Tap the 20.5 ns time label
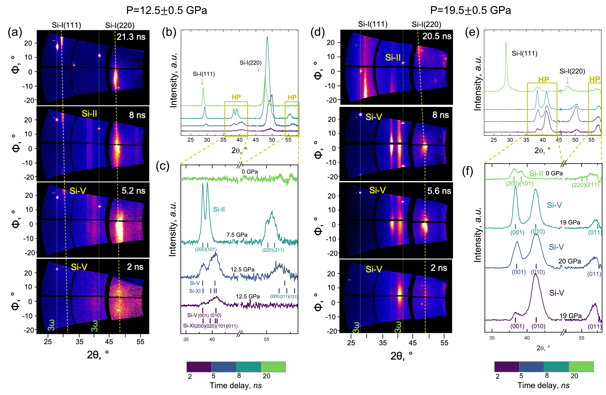[x=437, y=36]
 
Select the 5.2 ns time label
[x=133, y=191]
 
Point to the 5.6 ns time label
[x=439, y=191]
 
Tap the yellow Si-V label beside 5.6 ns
[x=377, y=190]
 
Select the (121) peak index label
[x=293, y=297]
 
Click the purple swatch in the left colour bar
[x=199, y=367]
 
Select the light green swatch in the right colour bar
[x=581, y=367]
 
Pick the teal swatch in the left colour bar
[x=249, y=367]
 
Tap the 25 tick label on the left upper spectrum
[x=190, y=140]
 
